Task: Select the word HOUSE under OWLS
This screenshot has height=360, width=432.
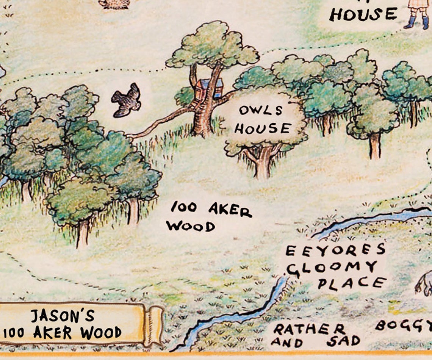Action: click(x=263, y=128)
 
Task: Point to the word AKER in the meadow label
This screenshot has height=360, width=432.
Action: click(x=230, y=209)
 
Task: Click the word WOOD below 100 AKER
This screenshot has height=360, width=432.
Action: click(x=190, y=226)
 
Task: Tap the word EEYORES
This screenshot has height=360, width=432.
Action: click(x=335, y=250)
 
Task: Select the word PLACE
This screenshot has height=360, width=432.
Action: click(x=352, y=283)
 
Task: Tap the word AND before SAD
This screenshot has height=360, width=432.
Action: click(x=287, y=343)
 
